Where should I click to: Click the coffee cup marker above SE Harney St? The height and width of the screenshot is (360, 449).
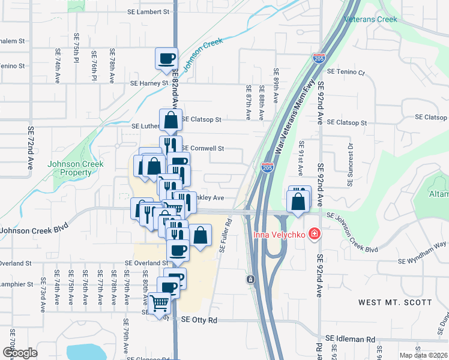click(x=167, y=59)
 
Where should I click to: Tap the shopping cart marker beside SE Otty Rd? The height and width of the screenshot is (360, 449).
click(x=160, y=304)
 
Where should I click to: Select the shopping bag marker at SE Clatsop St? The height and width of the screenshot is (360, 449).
click(x=170, y=120)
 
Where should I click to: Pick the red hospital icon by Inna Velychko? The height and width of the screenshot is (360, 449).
click(x=313, y=234)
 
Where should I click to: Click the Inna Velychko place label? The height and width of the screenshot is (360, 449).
click(x=279, y=234)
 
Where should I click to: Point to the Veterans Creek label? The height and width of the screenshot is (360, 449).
click(x=371, y=19)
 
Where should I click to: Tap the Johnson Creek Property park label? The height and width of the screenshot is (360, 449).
click(x=76, y=168)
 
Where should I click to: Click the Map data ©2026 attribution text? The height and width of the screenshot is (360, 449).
click(x=424, y=355)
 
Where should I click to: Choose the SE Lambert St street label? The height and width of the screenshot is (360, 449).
click(x=149, y=11)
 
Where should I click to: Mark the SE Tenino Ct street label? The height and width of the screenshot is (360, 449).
click(x=345, y=73)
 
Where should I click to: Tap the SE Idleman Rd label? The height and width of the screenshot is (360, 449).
click(x=354, y=340)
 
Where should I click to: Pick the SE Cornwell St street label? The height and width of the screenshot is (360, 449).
click(x=202, y=148)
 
